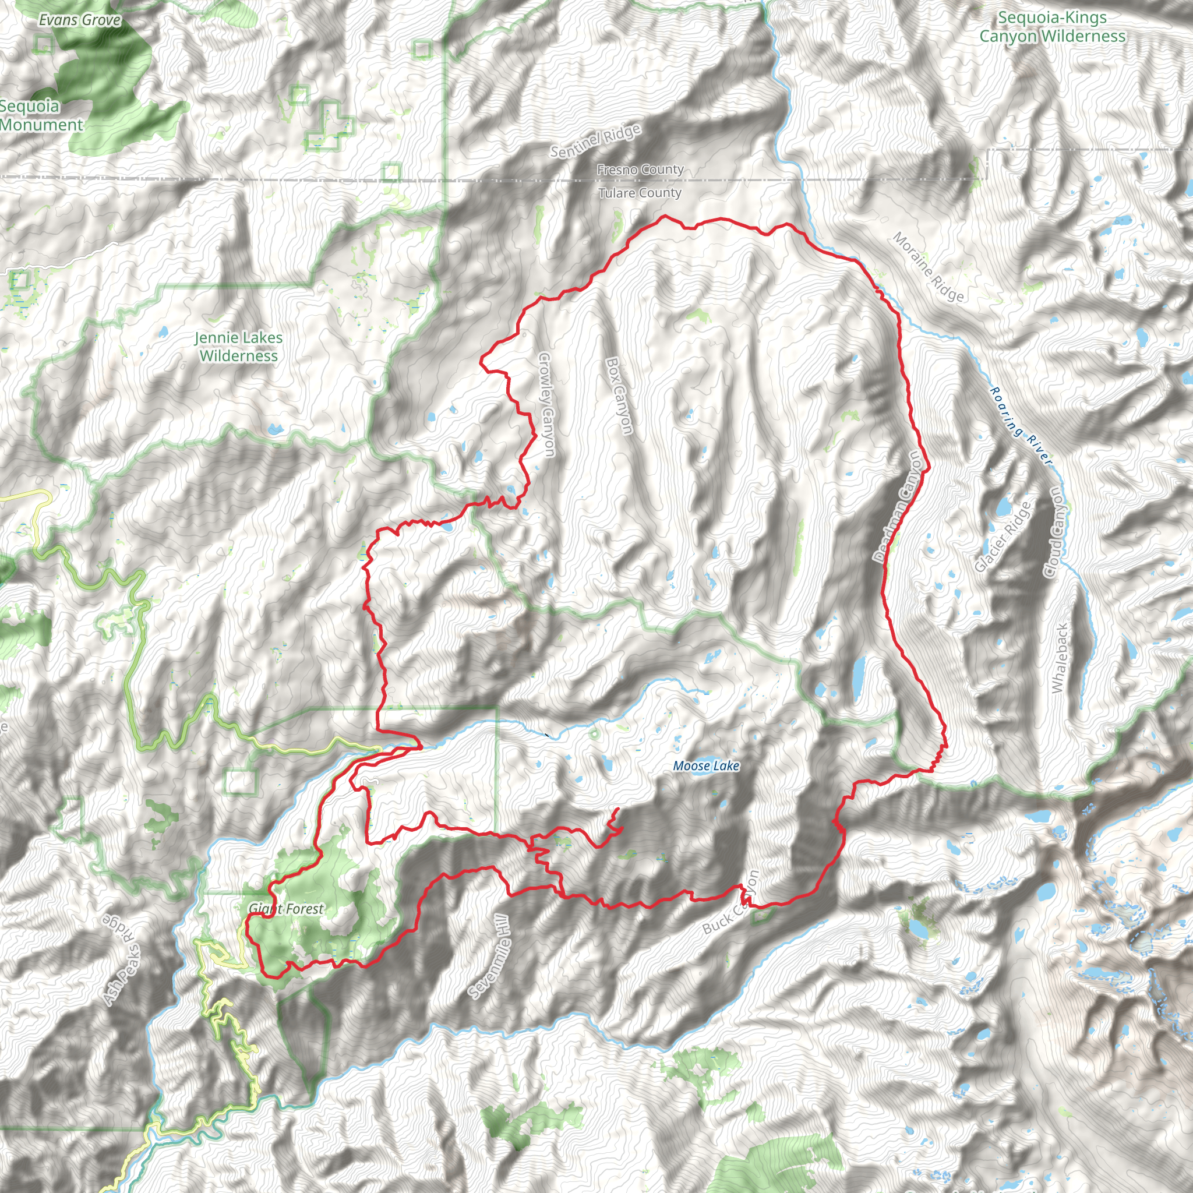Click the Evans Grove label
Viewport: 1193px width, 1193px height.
click(x=80, y=20)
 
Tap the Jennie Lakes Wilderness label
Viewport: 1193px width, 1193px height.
click(x=238, y=347)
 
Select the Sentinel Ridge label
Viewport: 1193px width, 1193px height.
click(x=595, y=142)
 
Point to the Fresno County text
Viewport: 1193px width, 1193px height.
click(x=640, y=169)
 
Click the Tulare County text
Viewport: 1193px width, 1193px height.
click(x=640, y=193)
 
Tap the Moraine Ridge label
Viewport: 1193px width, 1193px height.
click(x=928, y=267)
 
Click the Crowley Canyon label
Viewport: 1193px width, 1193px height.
click(x=546, y=404)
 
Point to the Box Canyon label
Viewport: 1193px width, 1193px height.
click(x=619, y=395)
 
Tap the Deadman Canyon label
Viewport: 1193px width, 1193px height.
click(x=901, y=506)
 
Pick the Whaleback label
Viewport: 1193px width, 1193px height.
click(x=1060, y=658)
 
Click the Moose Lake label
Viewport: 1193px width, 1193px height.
click(x=706, y=765)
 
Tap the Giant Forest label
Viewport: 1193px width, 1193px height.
click(x=286, y=908)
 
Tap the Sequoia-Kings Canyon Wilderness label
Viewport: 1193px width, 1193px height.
click(x=1052, y=27)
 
